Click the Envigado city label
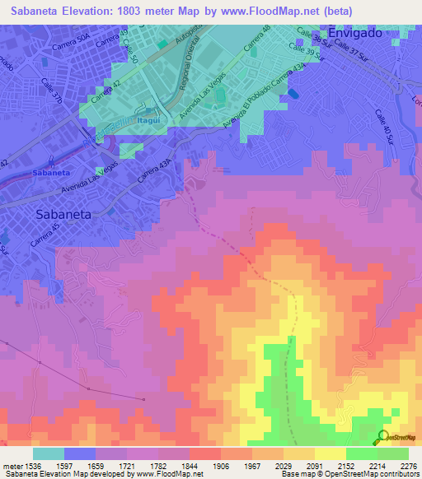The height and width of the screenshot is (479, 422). tap(357, 32)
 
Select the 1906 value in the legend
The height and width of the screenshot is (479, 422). tap(220, 467)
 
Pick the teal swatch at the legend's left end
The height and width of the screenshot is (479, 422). tap(49, 453)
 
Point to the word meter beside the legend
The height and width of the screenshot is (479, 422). tap(12, 467)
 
